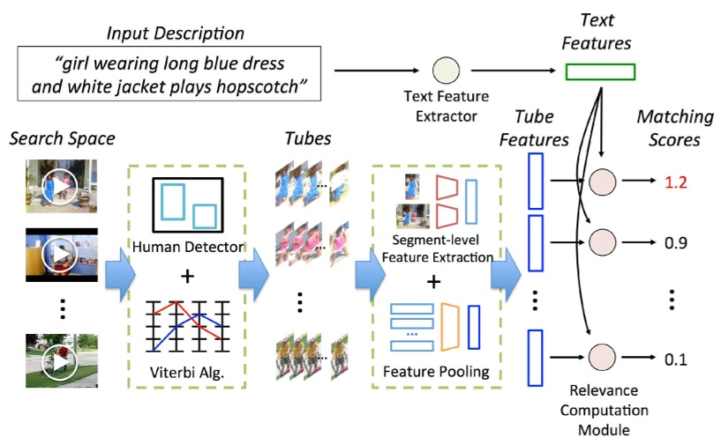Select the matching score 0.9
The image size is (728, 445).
pyautogui.click(x=675, y=241)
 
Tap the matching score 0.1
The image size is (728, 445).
pyautogui.click(x=675, y=359)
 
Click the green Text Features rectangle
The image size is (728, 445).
pyautogui.click(x=599, y=72)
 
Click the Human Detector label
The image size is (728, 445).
pyautogui.click(x=187, y=248)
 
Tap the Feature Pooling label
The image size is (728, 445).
pyautogui.click(x=435, y=371)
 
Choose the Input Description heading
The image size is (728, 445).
pyautogui.click(x=176, y=33)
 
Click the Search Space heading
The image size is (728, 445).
pyautogui.click(x=63, y=138)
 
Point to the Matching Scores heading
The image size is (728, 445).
pyautogui.click(x=672, y=129)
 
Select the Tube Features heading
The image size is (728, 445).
pyautogui.click(x=541, y=128)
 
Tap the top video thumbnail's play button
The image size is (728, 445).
pyautogui.click(x=61, y=186)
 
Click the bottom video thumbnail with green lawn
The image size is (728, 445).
pyautogui.click(x=61, y=361)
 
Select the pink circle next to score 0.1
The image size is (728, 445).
pyautogui.click(x=601, y=359)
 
